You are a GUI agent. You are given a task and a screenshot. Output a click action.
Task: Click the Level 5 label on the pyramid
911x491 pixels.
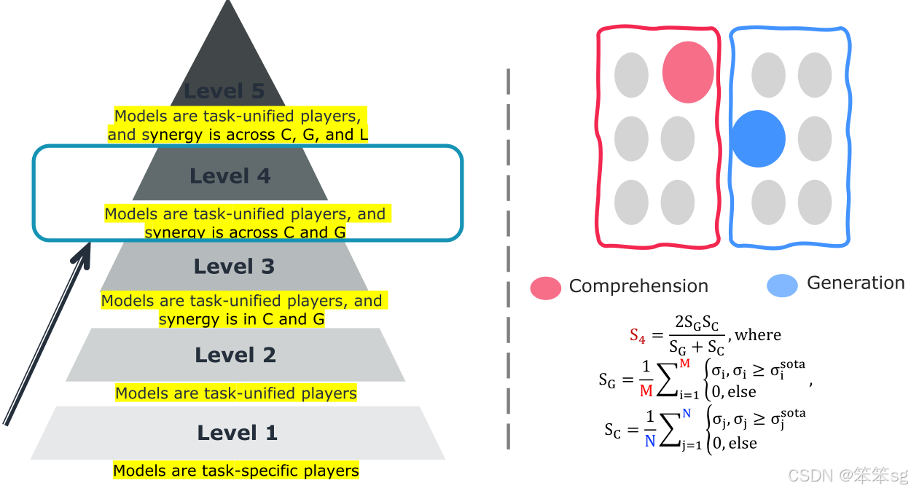click(224, 91)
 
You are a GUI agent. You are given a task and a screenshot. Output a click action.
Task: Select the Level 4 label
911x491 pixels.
click(230, 176)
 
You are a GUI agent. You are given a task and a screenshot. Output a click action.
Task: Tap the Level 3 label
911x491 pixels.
click(234, 267)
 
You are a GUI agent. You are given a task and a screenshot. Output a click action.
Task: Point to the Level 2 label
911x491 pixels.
click(235, 355)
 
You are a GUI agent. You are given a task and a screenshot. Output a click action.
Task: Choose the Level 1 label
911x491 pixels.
click(237, 433)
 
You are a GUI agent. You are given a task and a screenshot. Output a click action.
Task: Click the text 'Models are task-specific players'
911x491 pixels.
click(236, 471)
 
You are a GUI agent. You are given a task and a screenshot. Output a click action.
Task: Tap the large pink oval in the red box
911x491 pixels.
click(687, 71)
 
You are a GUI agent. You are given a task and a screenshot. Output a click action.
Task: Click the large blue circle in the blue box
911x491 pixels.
click(758, 138)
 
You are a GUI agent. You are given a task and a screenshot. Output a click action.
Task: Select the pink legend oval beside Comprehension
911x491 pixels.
click(546, 288)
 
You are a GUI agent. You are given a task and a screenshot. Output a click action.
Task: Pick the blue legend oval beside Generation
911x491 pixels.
click(782, 286)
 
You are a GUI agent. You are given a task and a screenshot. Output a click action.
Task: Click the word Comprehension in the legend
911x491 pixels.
click(638, 286)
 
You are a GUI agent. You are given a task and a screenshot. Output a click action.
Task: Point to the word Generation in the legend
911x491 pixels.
click(855, 283)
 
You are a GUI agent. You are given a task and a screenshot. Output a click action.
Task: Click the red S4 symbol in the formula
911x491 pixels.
click(638, 336)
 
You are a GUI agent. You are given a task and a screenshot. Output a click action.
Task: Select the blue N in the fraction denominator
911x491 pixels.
click(650, 440)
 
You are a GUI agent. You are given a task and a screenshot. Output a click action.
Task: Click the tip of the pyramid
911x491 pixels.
click(228, 4)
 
